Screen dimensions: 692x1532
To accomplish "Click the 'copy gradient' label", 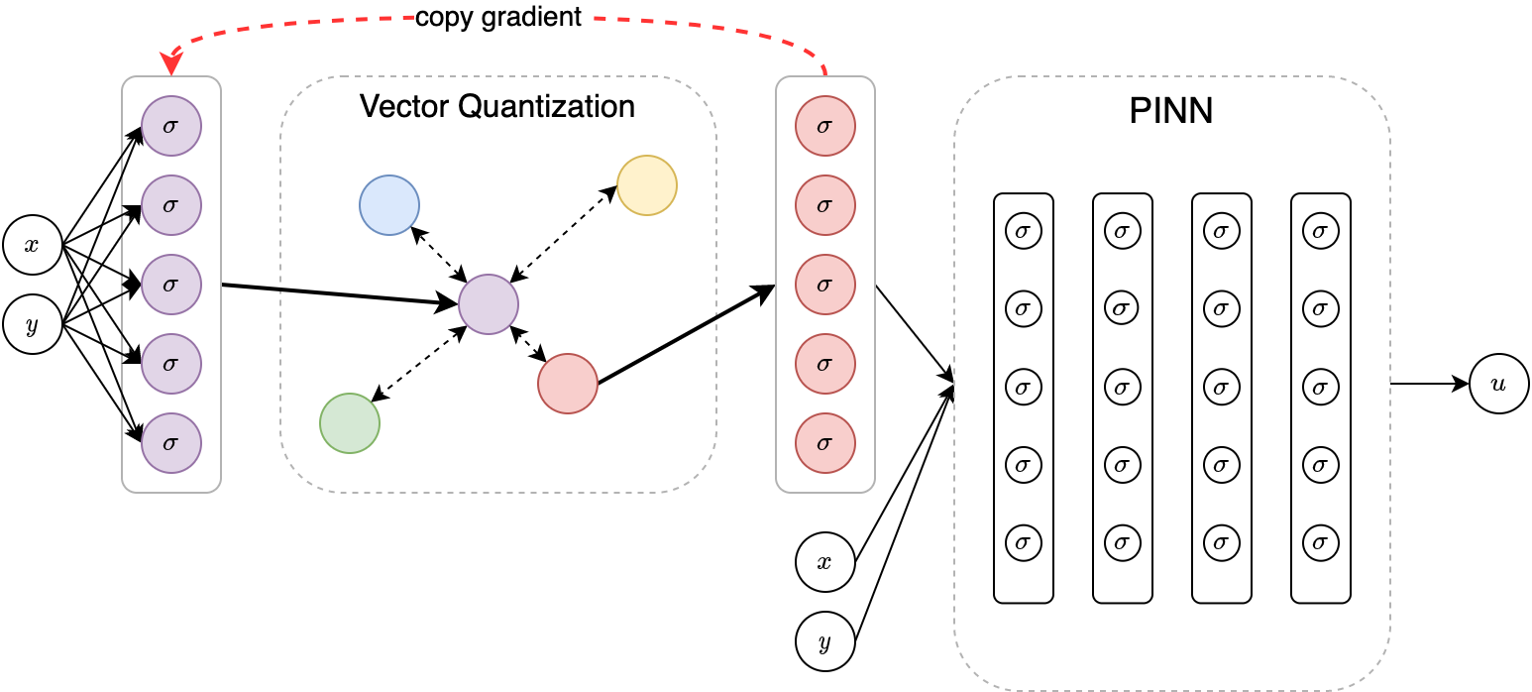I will pos(497,17).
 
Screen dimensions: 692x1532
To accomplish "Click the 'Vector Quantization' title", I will pos(497,106).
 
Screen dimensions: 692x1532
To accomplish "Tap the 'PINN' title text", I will pos(1171,110).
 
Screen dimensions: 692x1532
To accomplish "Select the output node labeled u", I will pos(1498,384).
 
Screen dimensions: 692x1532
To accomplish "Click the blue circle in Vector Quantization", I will pos(389,205).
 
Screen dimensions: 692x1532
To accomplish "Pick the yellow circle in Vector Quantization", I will pos(647,185).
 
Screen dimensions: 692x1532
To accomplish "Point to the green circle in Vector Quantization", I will pos(350,423).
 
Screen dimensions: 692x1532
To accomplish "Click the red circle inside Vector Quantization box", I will pos(568,384).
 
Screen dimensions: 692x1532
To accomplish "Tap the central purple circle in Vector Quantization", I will pos(489,304).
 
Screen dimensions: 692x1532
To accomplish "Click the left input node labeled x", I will pos(32,245).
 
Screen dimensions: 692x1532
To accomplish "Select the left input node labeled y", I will pos(32,324).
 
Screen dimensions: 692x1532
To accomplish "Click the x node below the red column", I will pos(824,562).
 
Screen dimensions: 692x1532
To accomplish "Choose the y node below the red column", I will pos(824,641).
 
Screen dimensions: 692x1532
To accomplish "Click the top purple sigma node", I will pos(171,126).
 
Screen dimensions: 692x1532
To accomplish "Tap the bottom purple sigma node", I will pos(171,443).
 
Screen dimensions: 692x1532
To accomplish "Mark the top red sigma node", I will pos(825,126).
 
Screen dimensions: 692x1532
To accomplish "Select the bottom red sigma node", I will pos(825,443).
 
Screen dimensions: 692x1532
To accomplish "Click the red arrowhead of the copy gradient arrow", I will pos(171,65).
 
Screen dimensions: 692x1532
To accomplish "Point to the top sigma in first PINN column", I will pos(1023,231).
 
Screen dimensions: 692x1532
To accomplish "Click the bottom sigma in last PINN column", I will pos(1320,542).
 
